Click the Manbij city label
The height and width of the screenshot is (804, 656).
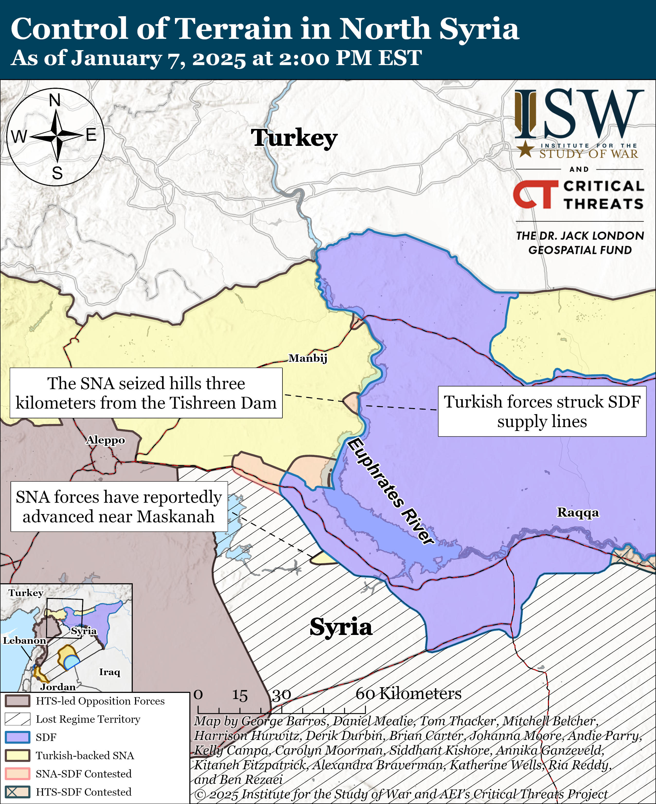(308, 358)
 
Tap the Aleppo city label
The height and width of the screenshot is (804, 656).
(105, 440)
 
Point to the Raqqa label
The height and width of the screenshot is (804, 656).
(578, 513)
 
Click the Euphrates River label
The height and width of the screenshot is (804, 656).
(391, 491)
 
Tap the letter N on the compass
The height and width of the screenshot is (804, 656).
(55, 101)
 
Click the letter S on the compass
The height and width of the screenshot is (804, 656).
(57, 173)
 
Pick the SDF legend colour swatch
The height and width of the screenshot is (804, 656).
(17, 737)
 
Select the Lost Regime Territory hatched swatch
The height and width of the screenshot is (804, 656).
(17, 719)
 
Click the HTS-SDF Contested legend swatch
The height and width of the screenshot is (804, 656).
(17, 792)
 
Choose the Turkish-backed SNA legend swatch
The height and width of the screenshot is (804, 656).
(17, 756)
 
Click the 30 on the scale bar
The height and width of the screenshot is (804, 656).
(281, 695)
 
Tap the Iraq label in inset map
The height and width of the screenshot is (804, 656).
(110, 672)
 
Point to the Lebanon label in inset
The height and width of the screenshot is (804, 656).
(24, 641)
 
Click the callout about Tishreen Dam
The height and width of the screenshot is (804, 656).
(146, 393)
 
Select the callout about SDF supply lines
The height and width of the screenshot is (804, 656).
(542, 411)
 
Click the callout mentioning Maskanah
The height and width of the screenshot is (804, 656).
(119, 507)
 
